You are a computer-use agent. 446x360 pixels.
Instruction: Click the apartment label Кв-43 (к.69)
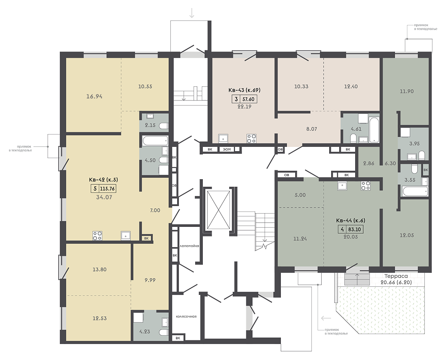point(244,90)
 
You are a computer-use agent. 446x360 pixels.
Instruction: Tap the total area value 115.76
point(108,188)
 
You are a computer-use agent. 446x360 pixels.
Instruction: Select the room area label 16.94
point(94,96)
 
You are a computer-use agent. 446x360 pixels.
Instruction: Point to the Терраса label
point(396,276)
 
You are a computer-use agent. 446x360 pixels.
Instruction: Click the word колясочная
point(186,316)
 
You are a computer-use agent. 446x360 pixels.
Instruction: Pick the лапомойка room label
point(189,246)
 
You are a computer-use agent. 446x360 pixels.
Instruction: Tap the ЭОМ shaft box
point(227,149)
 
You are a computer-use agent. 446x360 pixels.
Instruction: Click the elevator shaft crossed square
point(218,210)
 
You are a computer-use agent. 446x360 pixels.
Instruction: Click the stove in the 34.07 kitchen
point(97,236)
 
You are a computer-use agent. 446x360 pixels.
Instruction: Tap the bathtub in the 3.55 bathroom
point(415,191)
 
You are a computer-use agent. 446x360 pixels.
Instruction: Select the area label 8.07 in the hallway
point(312,129)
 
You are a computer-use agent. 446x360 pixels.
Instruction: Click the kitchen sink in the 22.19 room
point(223,138)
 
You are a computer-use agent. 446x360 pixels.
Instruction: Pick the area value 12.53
point(100,318)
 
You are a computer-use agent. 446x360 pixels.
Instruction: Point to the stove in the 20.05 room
point(366,186)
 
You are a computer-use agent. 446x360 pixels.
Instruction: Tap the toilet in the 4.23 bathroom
point(163,332)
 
